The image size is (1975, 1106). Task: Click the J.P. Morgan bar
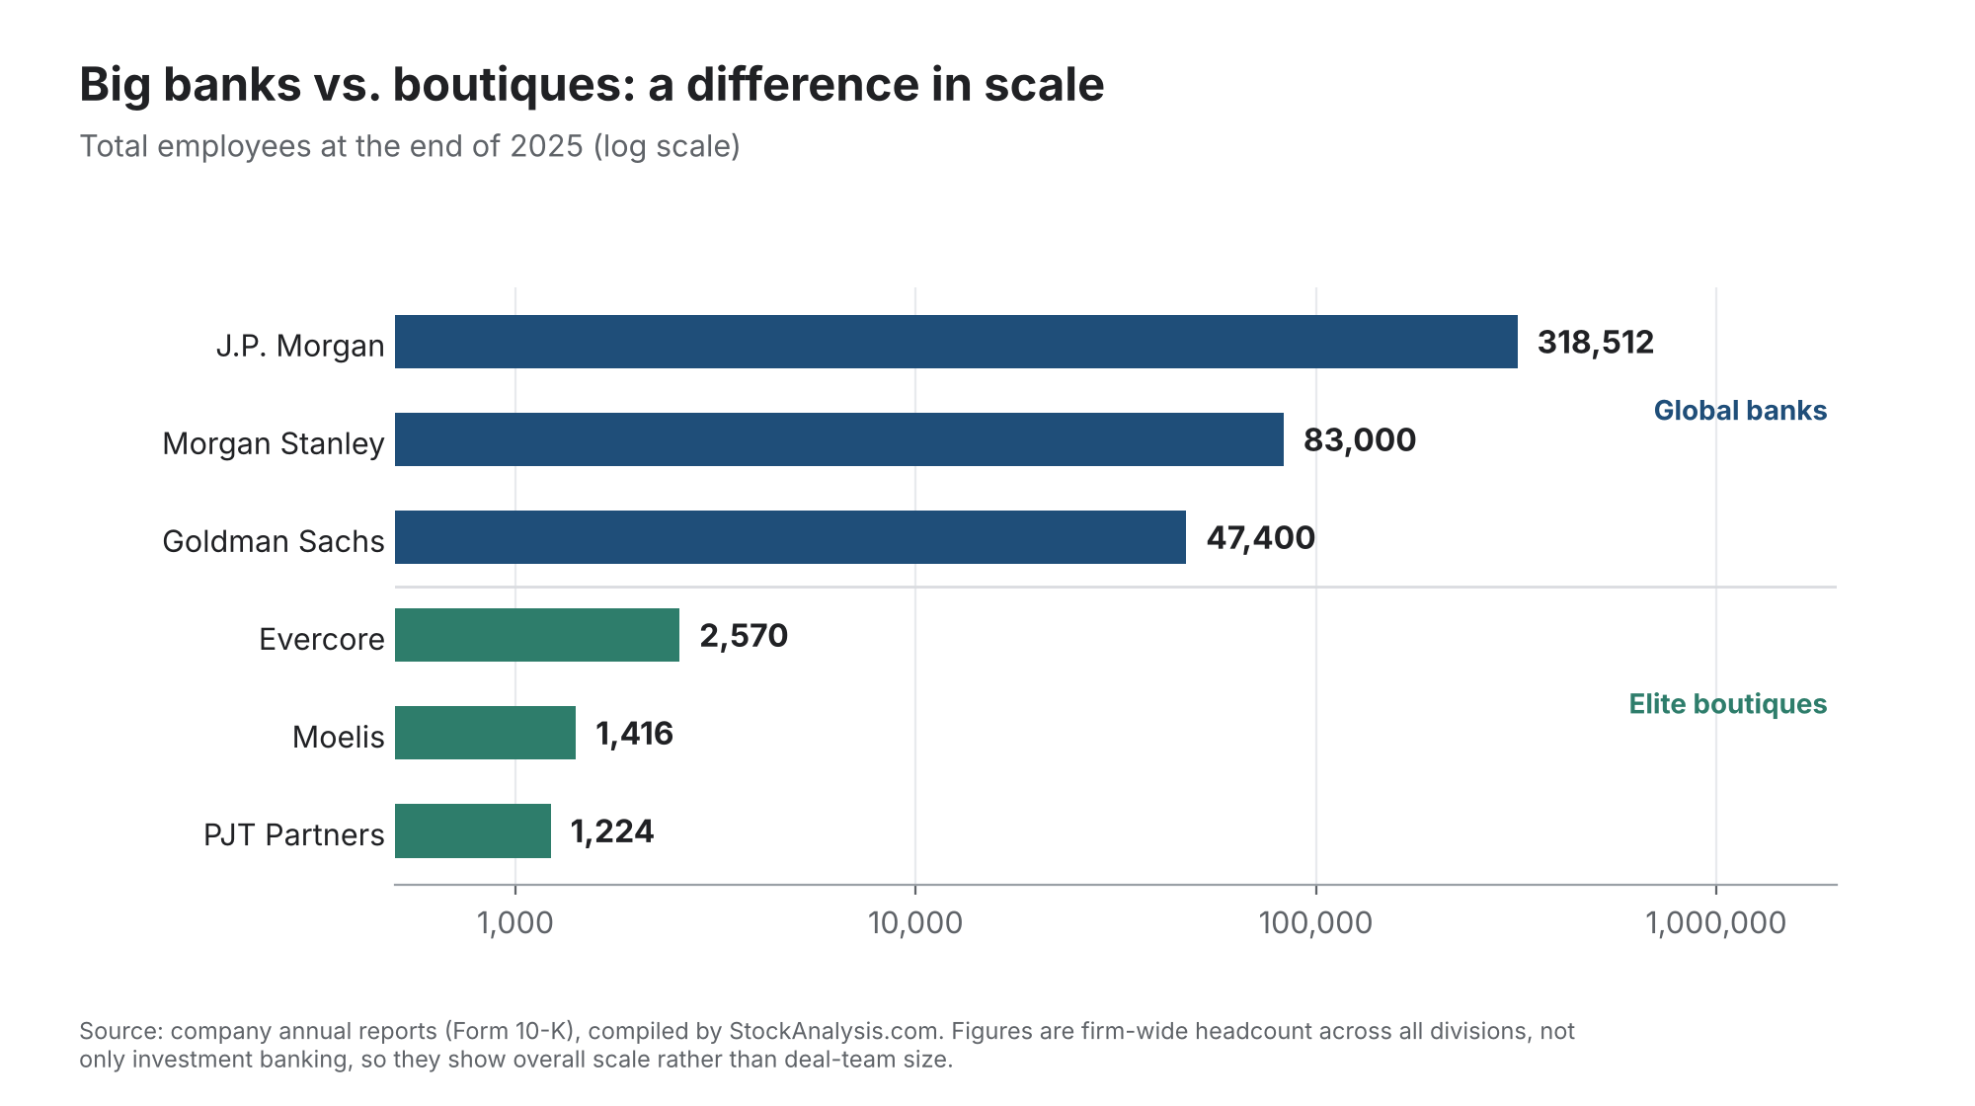(x=956, y=342)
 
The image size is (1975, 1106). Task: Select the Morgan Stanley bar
(x=839, y=439)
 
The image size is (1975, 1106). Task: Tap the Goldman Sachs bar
(x=790, y=537)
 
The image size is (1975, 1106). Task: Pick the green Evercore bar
(x=537, y=635)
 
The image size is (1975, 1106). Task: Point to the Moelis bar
(x=485, y=733)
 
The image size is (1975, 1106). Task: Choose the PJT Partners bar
(x=473, y=830)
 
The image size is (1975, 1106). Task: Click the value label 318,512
(x=1596, y=343)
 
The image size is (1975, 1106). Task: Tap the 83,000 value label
(x=1360, y=440)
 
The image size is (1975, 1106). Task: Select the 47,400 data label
(x=1261, y=538)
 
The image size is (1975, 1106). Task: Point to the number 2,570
(x=744, y=636)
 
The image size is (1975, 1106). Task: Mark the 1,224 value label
(x=612, y=831)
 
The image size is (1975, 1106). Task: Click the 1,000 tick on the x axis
(x=514, y=923)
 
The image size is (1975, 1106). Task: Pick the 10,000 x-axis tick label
(x=915, y=923)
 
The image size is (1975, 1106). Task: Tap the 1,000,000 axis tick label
(x=1716, y=923)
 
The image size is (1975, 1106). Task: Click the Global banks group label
(x=1740, y=411)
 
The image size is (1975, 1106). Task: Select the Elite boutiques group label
(x=1728, y=704)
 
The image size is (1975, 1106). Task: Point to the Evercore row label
(x=322, y=639)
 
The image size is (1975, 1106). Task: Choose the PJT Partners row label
(x=294, y=834)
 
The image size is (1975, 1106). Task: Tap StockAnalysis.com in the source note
(x=834, y=1031)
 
